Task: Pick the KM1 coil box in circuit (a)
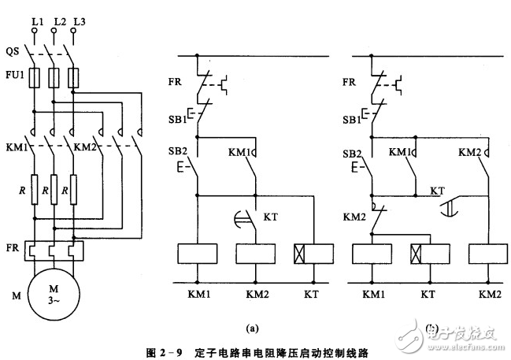tap(196, 254)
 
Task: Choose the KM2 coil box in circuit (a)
tap(254, 254)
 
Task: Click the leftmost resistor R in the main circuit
tap(35, 191)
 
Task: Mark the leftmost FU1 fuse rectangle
tap(35, 78)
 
